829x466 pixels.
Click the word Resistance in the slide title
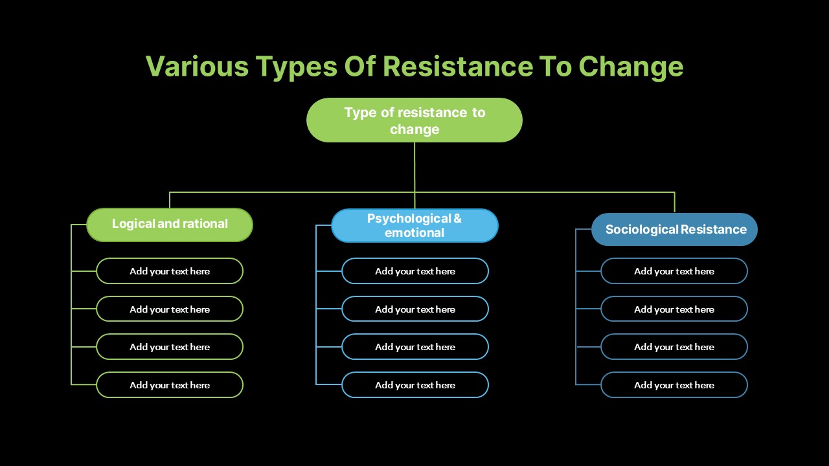pyautogui.click(x=457, y=67)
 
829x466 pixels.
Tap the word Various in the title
pyautogui.click(x=197, y=67)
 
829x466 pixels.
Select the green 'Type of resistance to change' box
pyautogui.click(x=414, y=120)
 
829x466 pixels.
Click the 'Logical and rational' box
pyautogui.click(x=170, y=225)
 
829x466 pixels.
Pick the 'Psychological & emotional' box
pyautogui.click(x=415, y=226)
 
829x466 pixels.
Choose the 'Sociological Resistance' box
pyautogui.click(x=675, y=229)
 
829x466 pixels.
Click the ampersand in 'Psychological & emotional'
pyautogui.click(x=457, y=219)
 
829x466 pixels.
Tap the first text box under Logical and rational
pyautogui.click(x=170, y=271)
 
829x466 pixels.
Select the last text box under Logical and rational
pyautogui.click(x=170, y=385)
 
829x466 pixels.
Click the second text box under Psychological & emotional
pyautogui.click(x=415, y=309)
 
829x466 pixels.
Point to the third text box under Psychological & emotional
pyautogui.click(x=415, y=347)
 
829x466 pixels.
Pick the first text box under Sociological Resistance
pyautogui.click(x=674, y=271)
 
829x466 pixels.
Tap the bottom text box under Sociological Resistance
pyautogui.click(x=674, y=385)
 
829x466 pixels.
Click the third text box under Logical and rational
pyautogui.click(x=170, y=347)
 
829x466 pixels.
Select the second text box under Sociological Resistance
pyautogui.click(x=674, y=309)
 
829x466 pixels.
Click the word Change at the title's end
pyautogui.click(x=631, y=67)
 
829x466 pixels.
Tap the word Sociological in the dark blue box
pyautogui.click(x=642, y=229)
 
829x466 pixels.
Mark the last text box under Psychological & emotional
pyautogui.click(x=415, y=385)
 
